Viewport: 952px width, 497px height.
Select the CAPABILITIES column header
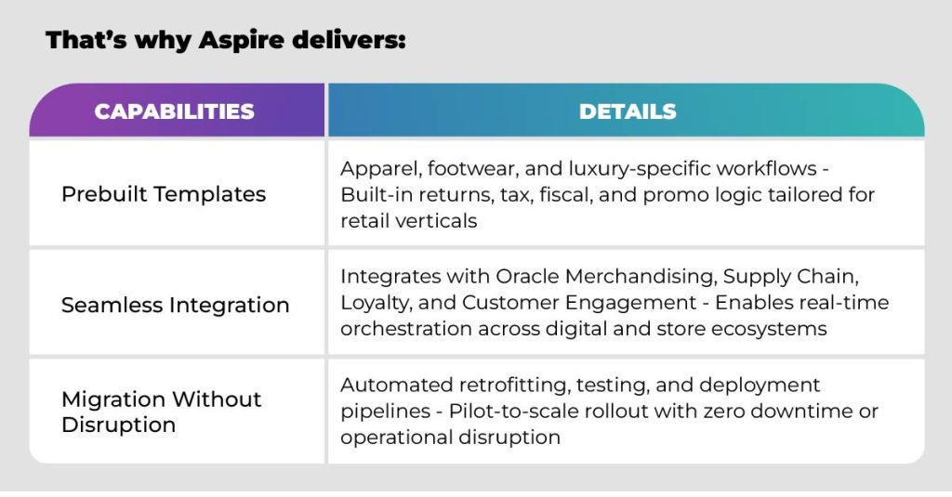click(175, 111)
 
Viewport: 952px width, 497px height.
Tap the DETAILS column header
click(628, 111)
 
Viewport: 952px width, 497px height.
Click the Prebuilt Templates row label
click(164, 194)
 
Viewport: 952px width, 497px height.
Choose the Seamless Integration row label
click(176, 305)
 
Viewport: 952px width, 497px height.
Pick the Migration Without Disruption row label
click(162, 412)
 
